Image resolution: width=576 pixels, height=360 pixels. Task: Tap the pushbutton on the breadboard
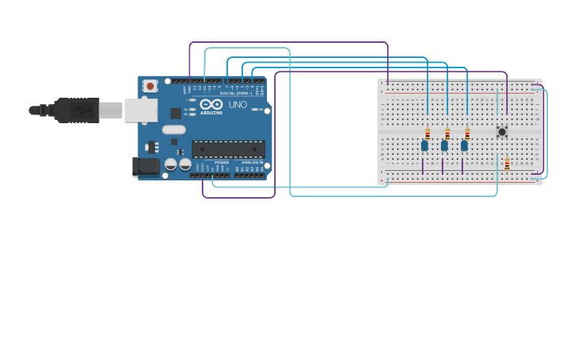(501, 131)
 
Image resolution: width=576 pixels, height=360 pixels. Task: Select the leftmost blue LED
(424, 145)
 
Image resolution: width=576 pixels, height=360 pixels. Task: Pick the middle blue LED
(444, 145)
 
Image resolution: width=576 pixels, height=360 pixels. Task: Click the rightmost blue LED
(464, 145)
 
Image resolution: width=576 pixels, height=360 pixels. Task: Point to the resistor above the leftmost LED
(427, 133)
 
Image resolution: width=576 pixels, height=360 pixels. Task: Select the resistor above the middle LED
(447, 133)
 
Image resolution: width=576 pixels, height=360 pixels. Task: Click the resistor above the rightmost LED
(467, 133)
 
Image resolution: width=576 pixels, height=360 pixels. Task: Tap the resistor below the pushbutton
(507, 163)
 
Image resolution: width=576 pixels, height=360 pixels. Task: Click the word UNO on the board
(238, 105)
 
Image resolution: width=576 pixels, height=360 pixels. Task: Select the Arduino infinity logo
(211, 104)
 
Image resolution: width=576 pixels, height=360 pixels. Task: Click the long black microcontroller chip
(228, 149)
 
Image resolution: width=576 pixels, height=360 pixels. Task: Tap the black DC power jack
(145, 166)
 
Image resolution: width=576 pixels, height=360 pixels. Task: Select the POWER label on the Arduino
(222, 162)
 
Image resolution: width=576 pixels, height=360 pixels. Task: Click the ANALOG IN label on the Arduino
(252, 162)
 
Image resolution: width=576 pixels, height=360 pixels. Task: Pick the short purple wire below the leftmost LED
(423, 166)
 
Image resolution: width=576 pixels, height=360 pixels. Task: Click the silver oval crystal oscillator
(173, 130)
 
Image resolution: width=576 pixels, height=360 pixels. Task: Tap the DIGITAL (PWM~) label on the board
(236, 93)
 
